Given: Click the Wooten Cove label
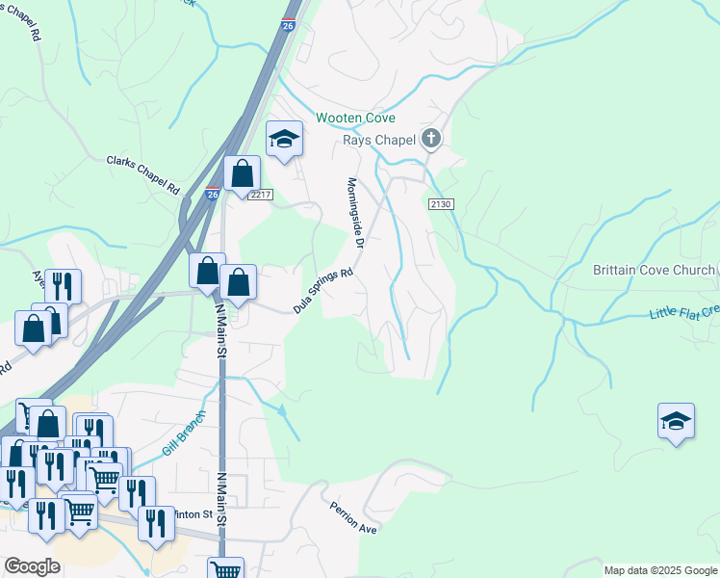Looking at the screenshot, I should (x=355, y=118).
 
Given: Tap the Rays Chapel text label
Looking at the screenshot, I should (x=379, y=140).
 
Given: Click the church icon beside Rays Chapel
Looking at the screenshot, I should (x=431, y=140).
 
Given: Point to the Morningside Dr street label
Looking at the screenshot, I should (x=353, y=214).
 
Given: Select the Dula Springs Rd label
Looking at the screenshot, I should (x=323, y=291).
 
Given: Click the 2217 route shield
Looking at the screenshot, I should (x=260, y=195).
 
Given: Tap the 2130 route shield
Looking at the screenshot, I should (x=441, y=205).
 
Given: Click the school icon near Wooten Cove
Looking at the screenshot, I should (x=284, y=140).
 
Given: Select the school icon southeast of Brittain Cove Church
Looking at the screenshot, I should (x=676, y=420).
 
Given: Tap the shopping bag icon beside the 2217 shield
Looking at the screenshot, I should (x=243, y=174).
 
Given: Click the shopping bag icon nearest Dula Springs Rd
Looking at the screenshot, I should (x=239, y=283).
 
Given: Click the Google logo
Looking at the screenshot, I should (x=32, y=566).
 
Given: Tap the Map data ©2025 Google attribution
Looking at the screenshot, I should (x=659, y=570).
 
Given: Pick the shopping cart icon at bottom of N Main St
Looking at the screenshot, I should (x=226, y=568).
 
